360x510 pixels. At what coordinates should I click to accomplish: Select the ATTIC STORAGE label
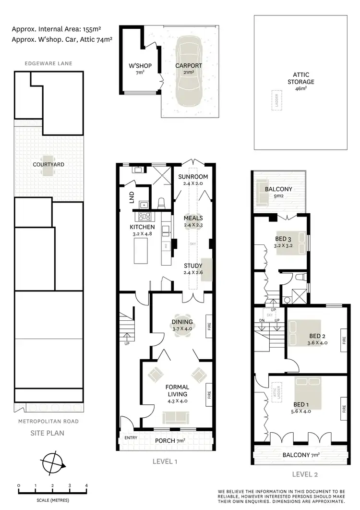click(x=301, y=78)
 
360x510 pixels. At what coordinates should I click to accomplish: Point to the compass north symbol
click(x=53, y=464)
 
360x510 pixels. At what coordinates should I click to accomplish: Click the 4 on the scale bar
click(x=86, y=486)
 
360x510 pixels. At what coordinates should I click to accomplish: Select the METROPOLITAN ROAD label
click(x=48, y=421)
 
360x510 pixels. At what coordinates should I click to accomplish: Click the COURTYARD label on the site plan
click(x=48, y=164)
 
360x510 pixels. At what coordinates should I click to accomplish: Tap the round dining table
click(x=182, y=326)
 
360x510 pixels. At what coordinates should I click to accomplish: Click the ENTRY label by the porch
click(x=131, y=437)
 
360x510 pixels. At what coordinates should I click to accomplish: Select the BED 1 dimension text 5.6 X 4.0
click(x=301, y=411)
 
